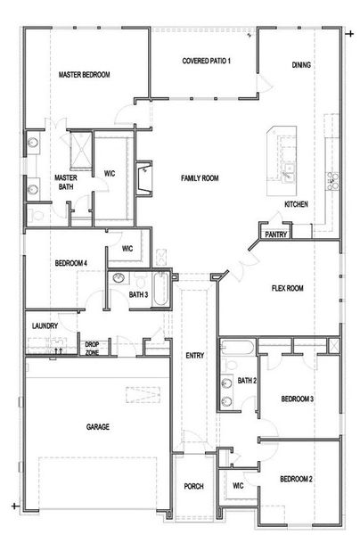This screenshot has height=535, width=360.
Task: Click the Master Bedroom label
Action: tap(84, 75)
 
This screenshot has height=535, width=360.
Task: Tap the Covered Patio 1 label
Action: tap(206, 61)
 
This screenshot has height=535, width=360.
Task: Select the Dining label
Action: tap(301, 65)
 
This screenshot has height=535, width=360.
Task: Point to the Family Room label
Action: tap(200, 178)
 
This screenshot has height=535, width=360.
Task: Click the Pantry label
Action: tap(276, 235)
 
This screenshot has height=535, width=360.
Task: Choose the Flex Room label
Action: tap(288, 288)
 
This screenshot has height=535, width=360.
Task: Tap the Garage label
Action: tap(98, 427)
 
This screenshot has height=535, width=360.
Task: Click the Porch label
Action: tap(193, 486)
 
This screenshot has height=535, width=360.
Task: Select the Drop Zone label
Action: tap(92, 349)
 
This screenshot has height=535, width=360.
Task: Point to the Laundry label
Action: tap(45, 325)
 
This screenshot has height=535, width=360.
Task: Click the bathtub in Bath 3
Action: tap(160, 289)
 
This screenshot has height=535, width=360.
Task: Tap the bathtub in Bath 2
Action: tap(238, 348)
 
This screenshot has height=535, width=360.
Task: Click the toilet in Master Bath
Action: tap(36, 215)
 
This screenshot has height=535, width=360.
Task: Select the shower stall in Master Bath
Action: tap(81, 151)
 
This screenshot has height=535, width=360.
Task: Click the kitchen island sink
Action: tap(289, 171)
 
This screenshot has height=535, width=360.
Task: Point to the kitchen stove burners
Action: tap(332, 181)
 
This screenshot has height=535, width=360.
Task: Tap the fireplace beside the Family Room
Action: tap(143, 178)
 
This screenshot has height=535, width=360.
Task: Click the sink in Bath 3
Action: tap(119, 278)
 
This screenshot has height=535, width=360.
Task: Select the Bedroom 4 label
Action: tap(71, 263)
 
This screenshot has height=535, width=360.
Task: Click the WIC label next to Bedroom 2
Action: tap(238, 485)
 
